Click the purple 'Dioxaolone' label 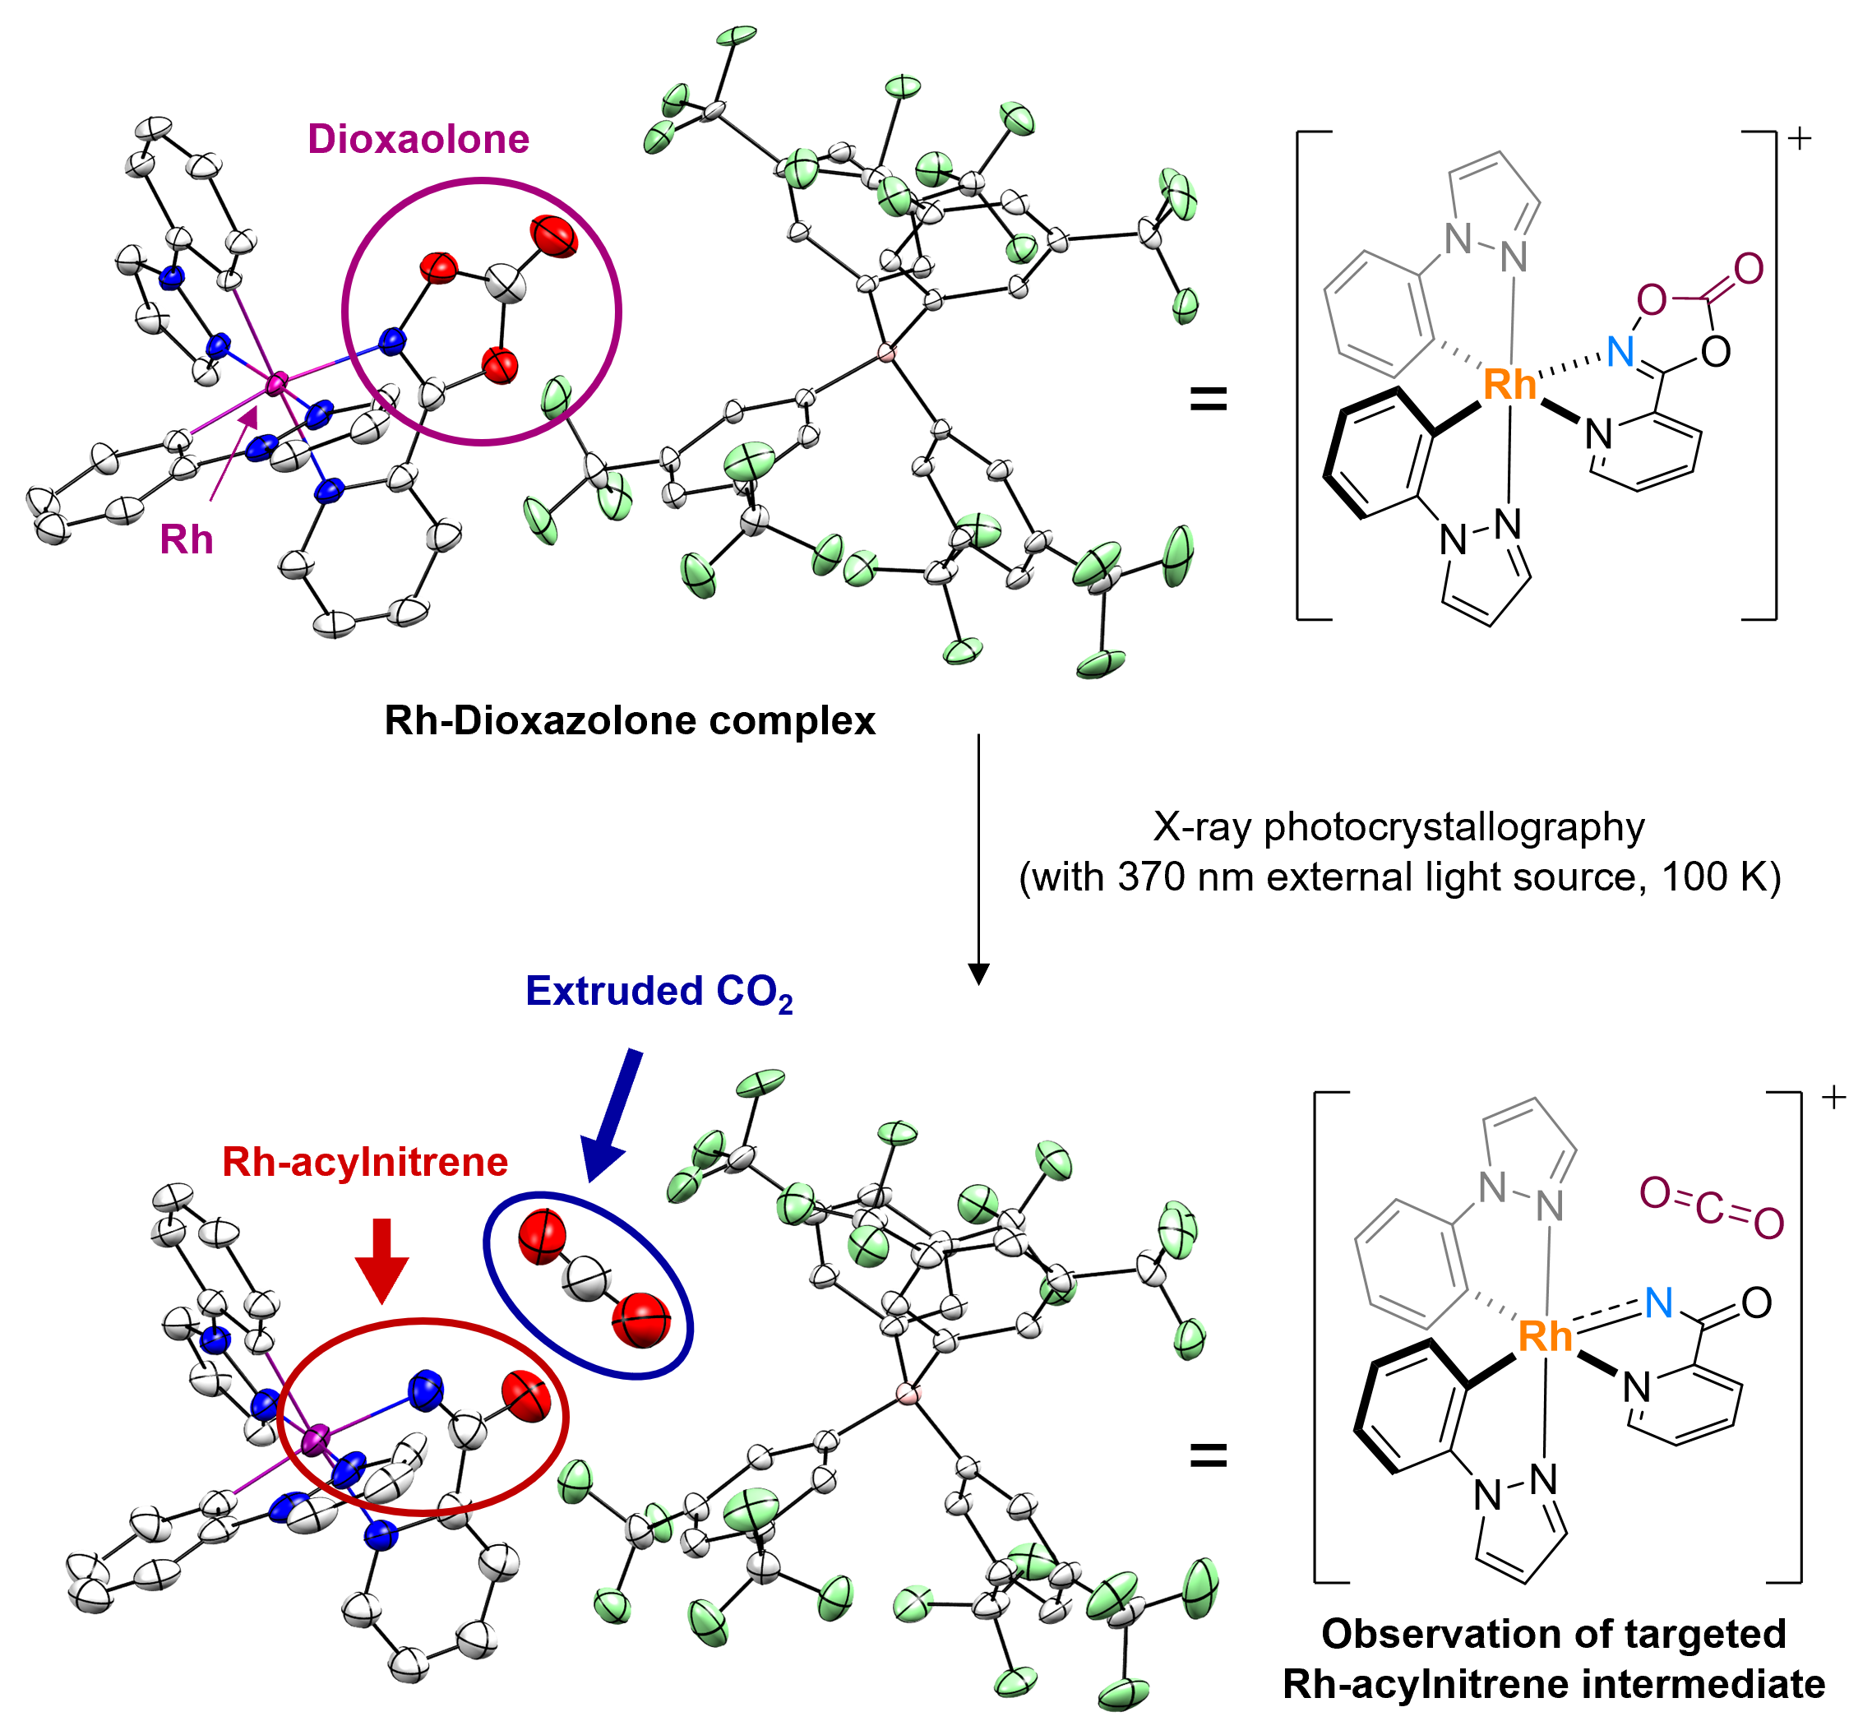[418, 139]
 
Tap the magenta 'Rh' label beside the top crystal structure [186, 540]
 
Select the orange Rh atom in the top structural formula [1509, 385]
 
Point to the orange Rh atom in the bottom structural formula [1544, 1336]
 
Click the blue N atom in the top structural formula [1620, 352]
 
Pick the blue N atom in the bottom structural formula [1659, 1302]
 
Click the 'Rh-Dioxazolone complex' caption [629, 721]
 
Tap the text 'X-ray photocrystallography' [1398, 827]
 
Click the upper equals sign [1209, 399]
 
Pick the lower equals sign [1209, 1456]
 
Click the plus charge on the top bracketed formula [1799, 139]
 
